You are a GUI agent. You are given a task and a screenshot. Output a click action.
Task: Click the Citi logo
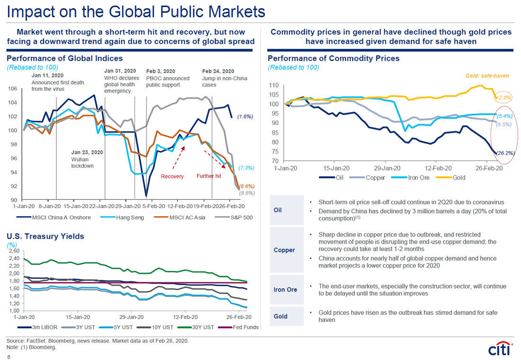[499, 349]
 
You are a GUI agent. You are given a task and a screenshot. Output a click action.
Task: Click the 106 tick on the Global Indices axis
[13, 89]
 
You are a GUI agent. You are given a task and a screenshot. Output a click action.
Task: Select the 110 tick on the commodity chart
[273, 86]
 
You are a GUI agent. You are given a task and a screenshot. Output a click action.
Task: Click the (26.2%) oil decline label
[505, 153]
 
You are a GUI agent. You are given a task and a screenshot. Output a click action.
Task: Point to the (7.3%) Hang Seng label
[247, 168]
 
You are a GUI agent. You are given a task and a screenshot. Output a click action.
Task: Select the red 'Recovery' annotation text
[172, 177]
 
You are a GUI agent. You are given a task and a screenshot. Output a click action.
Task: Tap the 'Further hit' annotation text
[209, 177]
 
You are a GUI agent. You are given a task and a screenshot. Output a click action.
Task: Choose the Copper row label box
[284, 250]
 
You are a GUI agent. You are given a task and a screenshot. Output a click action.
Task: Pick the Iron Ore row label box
[285, 289]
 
